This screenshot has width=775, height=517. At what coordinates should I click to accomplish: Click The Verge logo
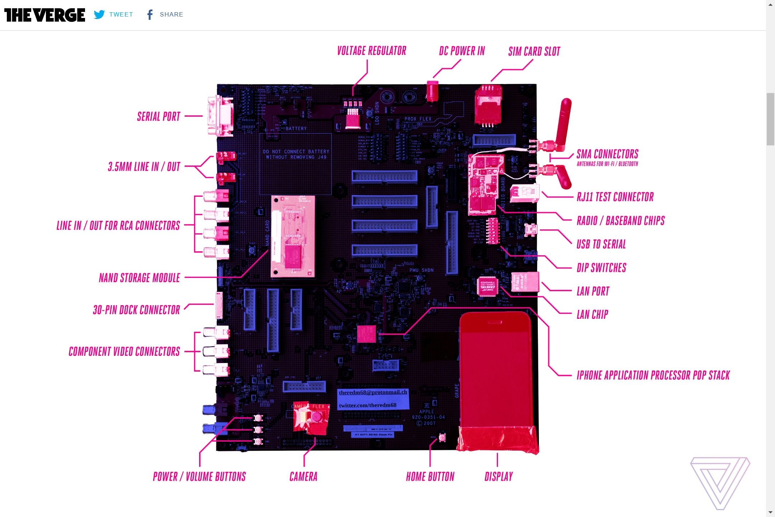(44, 15)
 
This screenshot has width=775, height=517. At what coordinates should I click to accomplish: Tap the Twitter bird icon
(99, 14)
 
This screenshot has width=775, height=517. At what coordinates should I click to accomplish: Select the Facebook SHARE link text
(171, 14)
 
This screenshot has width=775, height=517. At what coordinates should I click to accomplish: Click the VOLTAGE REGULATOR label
(371, 51)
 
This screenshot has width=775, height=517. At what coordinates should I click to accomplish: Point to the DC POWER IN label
(462, 51)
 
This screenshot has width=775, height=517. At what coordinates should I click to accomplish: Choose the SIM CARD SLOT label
(534, 52)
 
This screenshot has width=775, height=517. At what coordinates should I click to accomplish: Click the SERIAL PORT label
(159, 116)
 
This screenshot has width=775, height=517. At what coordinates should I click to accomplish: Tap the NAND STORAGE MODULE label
(139, 278)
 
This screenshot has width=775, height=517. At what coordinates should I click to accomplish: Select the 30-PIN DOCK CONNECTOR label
(136, 310)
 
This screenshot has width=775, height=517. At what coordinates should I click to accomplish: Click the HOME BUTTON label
(430, 477)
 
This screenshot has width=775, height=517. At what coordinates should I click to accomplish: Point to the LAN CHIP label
(592, 315)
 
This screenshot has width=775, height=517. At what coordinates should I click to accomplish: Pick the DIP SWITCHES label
(601, 268)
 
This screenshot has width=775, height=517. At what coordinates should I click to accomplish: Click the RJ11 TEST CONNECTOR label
(615, 197)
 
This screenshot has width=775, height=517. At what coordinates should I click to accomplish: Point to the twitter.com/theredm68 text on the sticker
(368, 405)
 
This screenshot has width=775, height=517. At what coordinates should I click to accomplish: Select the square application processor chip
(366, 334)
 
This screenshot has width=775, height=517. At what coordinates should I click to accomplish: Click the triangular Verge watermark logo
(720, 481)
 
